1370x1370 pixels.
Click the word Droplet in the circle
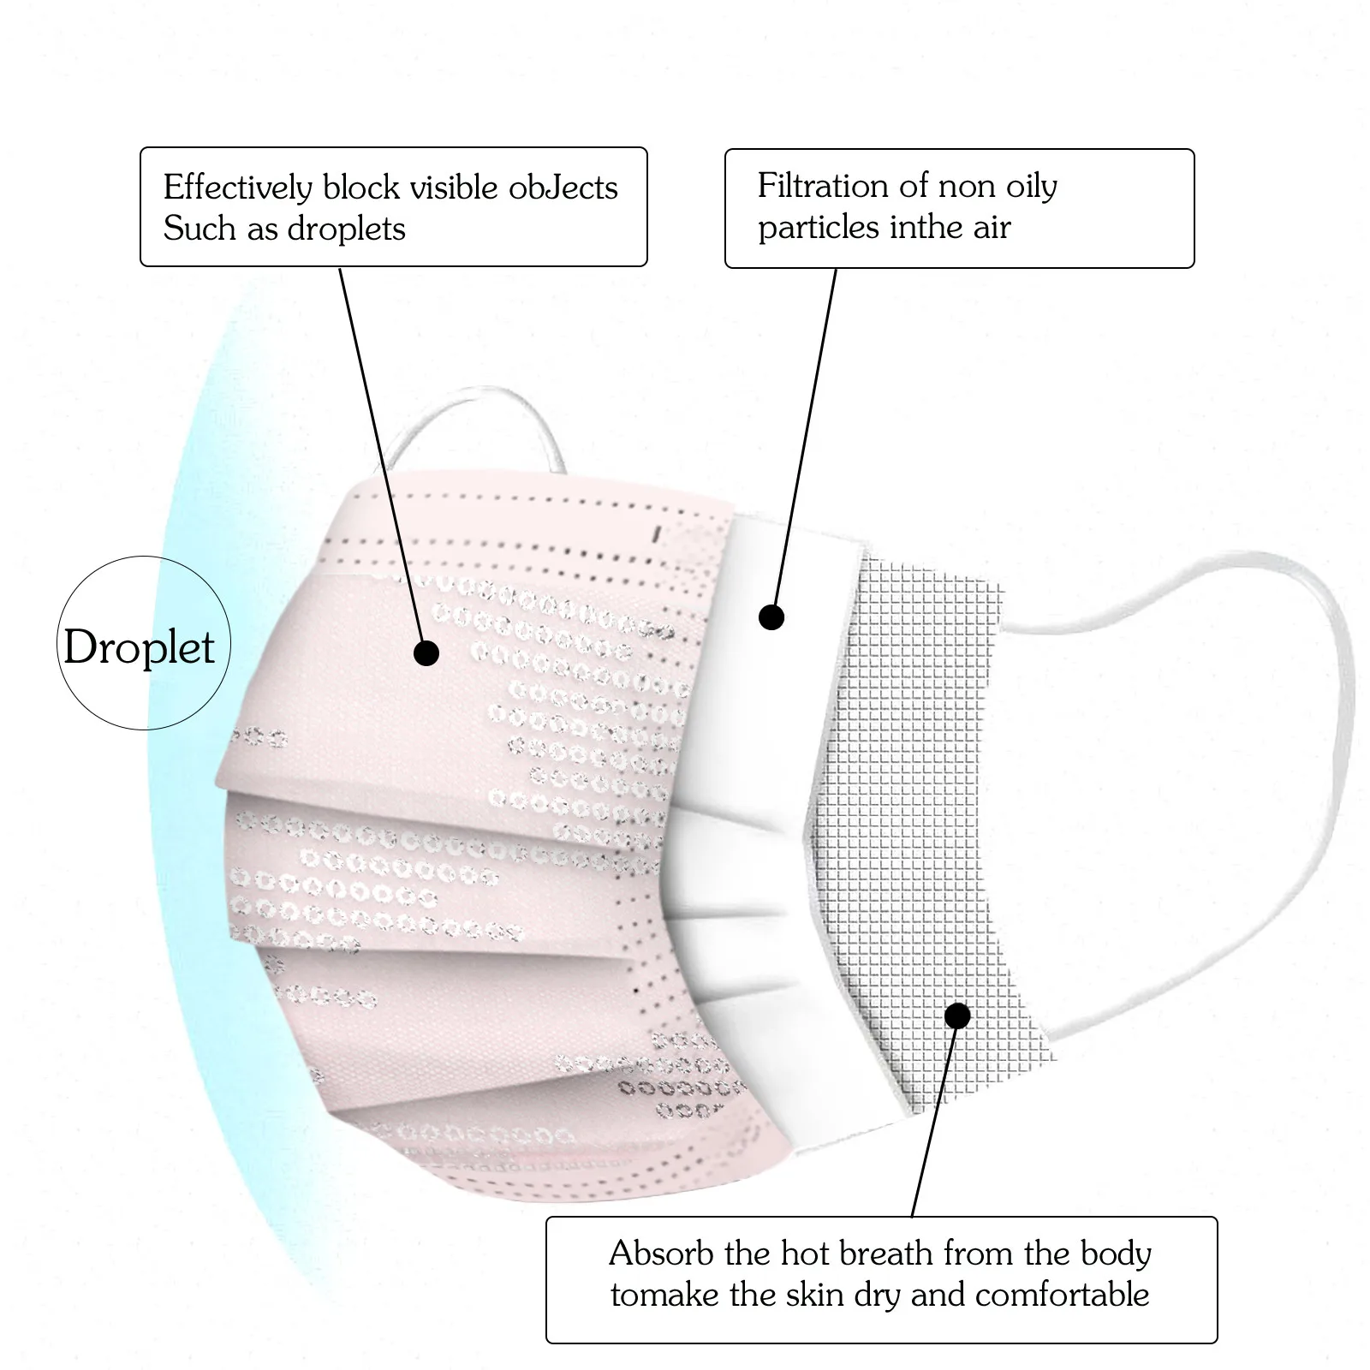[139, 647]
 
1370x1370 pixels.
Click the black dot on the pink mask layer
[426, 653]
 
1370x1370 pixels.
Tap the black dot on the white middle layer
[771, 616]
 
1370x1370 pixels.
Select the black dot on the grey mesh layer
[958, 1016]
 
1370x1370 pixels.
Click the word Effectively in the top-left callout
[238, 188]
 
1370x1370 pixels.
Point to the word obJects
[563, 188]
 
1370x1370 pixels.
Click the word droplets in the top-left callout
[346, 229]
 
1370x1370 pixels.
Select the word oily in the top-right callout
[1030, 187]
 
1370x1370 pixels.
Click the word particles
[819, 228]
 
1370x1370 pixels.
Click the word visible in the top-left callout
[454, 188]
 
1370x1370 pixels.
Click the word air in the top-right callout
[991, 228]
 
